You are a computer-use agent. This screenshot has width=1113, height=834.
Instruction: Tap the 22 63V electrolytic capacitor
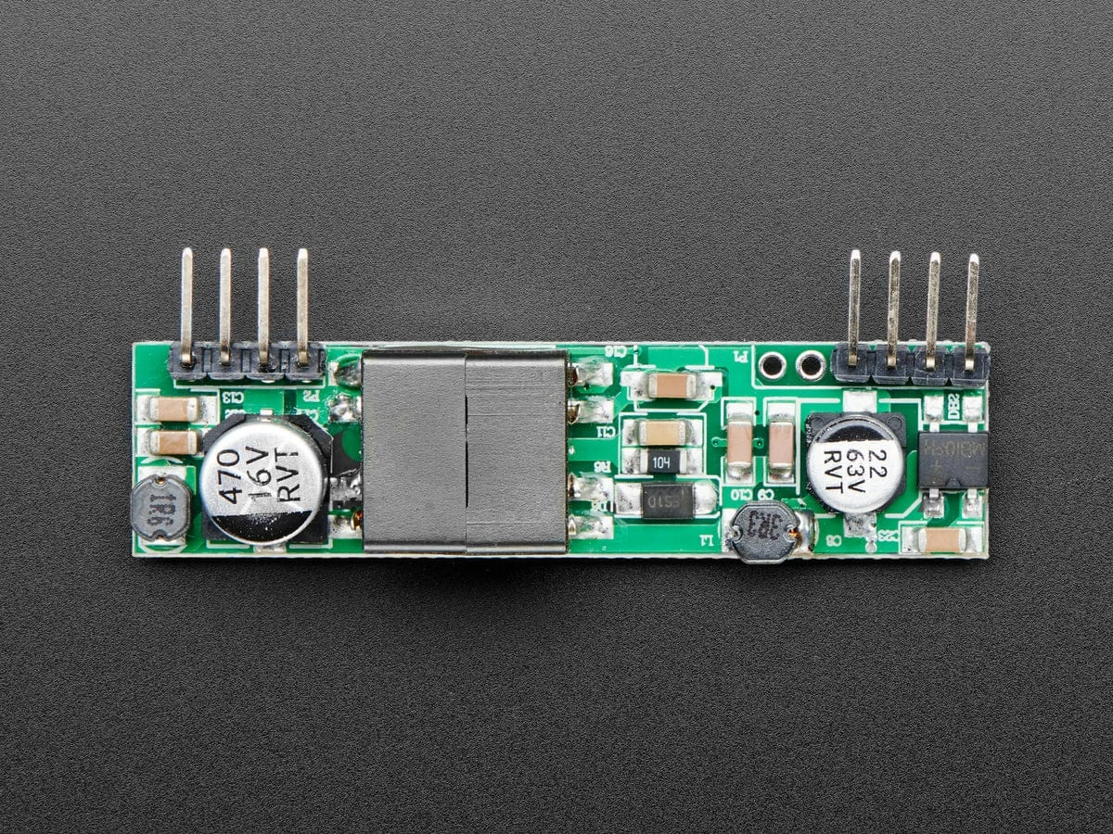click(x=853, y=462)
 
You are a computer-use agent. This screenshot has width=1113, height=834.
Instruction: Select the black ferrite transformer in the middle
click(x=465, y=453)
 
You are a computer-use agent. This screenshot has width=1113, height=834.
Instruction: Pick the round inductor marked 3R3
click(x=763, y=532)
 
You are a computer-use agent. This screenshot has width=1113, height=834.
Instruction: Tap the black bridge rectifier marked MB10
click(x=953, y=459)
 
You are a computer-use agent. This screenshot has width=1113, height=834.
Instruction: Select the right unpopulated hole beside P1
click(x=811, y=367)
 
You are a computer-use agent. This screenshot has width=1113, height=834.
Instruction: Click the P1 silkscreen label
click(x=741, y=355)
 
